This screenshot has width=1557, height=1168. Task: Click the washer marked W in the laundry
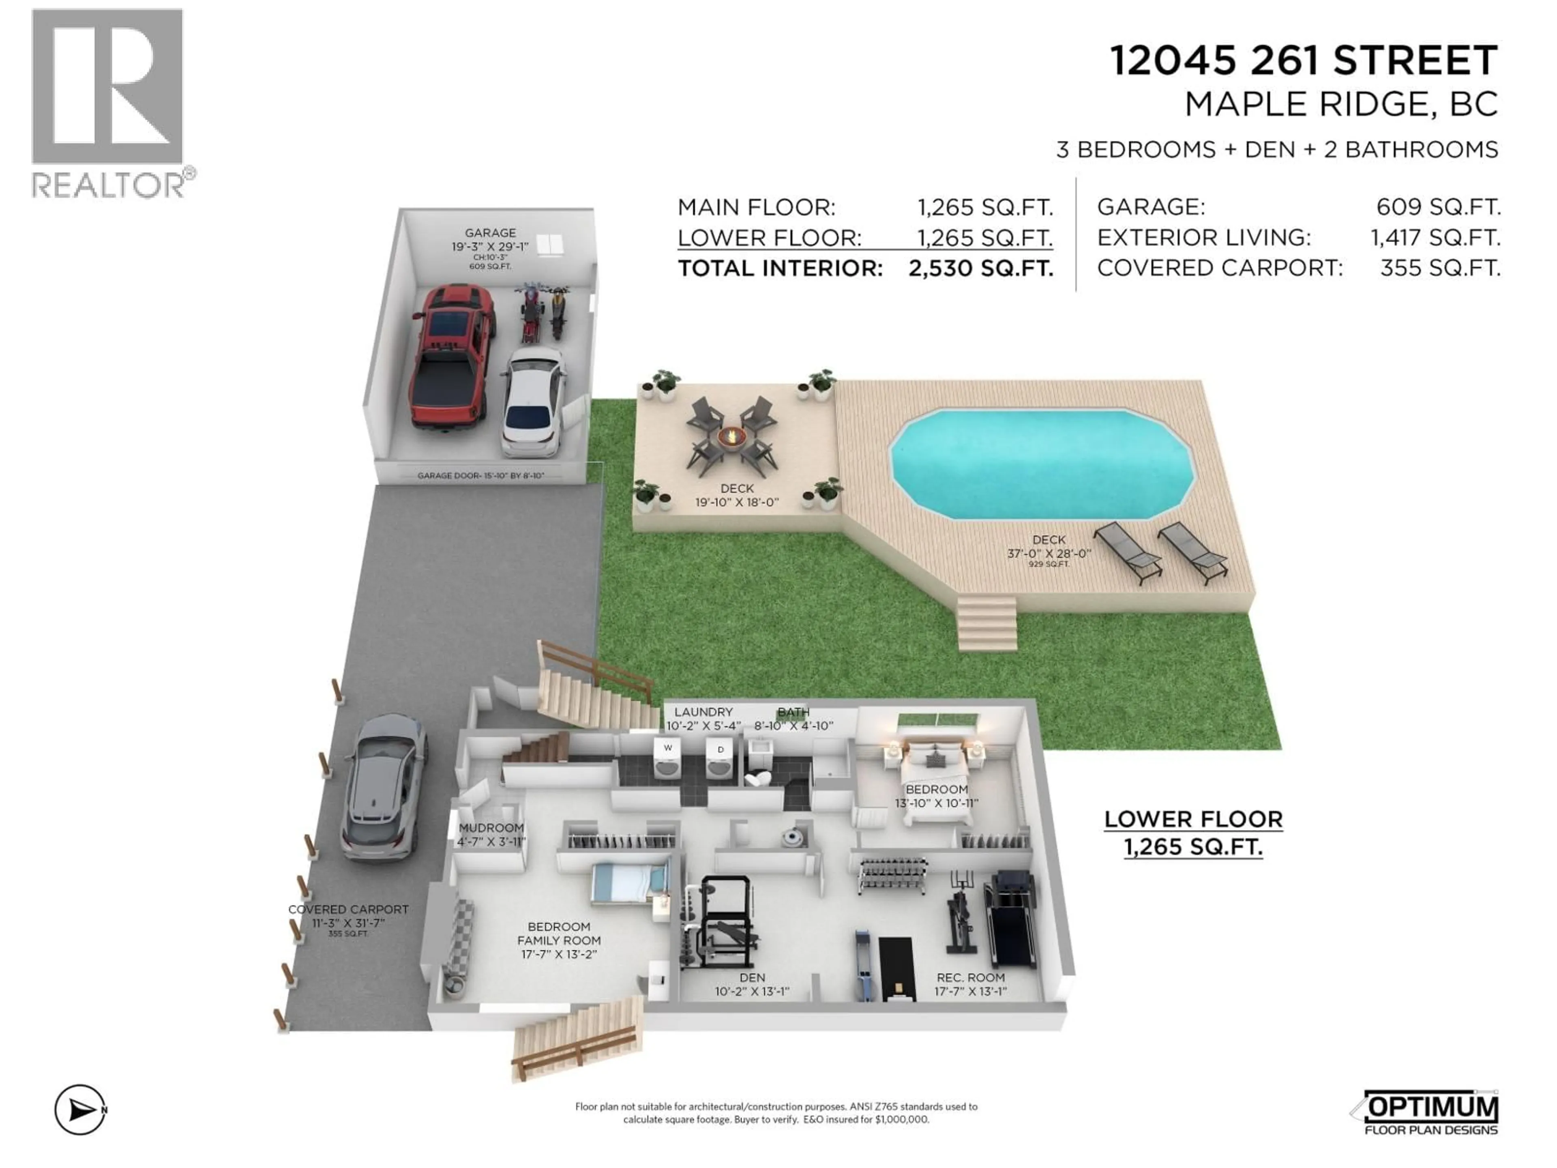(x=667, y=759)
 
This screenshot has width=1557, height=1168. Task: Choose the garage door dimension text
(x=481, y=476)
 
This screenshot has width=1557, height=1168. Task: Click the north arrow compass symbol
(x=80, y=1110)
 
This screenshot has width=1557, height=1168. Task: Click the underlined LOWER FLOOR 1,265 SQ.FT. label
(x=1193, y=832)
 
